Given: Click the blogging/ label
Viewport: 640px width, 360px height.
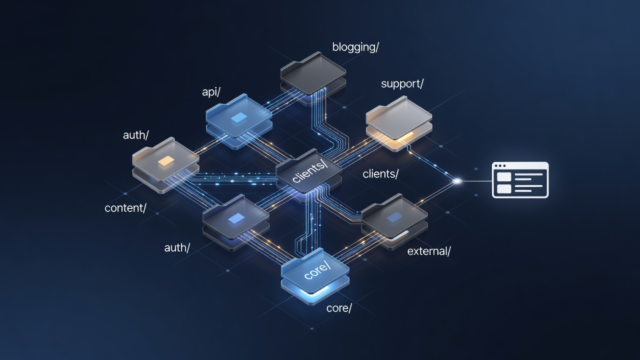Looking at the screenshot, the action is [x=355, y=47].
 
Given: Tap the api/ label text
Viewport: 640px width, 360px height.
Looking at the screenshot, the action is [x=211, y=92].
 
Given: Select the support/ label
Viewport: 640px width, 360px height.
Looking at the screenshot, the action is [x=402, y=84].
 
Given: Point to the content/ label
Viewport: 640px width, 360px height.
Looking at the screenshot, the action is [x=125, y=208].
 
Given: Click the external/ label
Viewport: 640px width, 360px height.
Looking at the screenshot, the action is [x=429, y=251].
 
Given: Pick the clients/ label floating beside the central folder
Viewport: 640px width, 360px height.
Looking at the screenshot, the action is [x=380, y=173].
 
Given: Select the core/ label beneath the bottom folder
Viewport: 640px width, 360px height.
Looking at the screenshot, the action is [x=339, y=308].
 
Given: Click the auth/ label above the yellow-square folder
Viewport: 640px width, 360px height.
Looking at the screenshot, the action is [x=135, y=135].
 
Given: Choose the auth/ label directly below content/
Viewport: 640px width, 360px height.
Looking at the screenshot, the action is [x=177, y=247].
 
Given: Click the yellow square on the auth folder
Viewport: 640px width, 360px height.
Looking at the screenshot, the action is [x=165, y=161].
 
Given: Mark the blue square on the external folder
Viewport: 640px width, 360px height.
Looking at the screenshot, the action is [x=394, y=217].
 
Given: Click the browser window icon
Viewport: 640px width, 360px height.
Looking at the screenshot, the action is [x=520, y=180].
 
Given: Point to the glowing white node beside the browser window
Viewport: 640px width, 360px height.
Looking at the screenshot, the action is [x=457, y=181].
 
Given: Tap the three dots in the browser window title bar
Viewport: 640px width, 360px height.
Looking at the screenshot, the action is [x=500, y=165].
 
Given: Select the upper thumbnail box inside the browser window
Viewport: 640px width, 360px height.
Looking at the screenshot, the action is [x=503, y=176].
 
